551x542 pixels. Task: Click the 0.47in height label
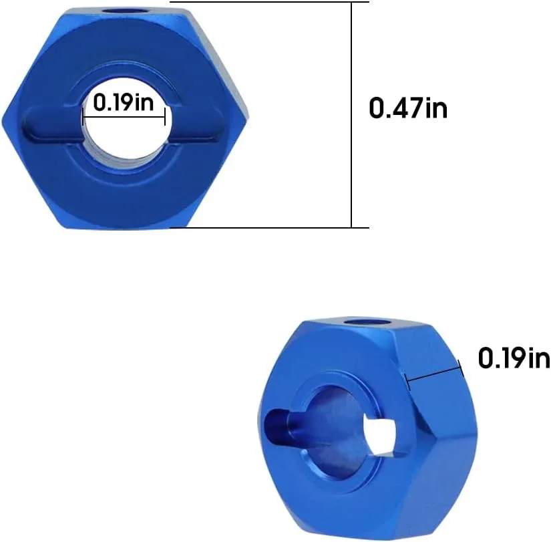pyautogui.click(x=408, y=108)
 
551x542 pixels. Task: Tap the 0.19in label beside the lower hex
pyautogui.click(x=513, y=359)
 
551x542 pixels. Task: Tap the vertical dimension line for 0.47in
pyautogui.click(x=351, y=114)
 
